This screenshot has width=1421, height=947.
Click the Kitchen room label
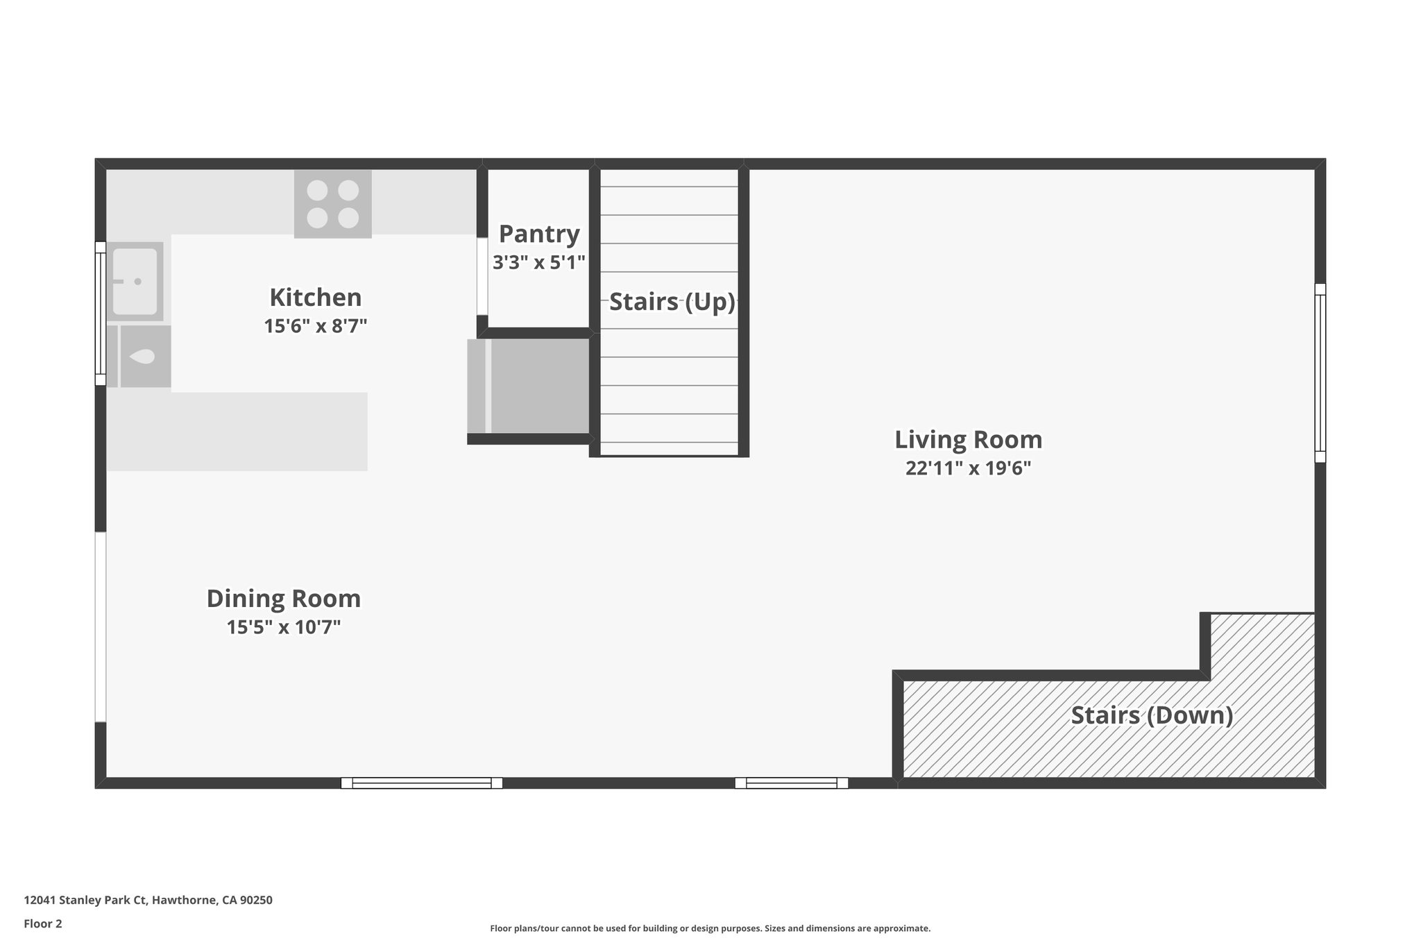click(x=316, y=298)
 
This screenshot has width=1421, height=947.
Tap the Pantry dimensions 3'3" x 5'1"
click(x=539, y=262)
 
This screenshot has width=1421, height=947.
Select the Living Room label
click(x=968, y=440)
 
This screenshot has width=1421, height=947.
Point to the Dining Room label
click(x=284, y=599)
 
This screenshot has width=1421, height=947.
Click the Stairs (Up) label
click(x=672, y=302)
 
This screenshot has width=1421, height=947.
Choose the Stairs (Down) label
click(x=1152, y=715)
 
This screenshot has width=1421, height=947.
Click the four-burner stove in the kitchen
click(x=333, y=204)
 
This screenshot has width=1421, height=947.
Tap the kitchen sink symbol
click(x=135, y=282)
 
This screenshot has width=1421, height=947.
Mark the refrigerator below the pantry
click(x=529, y=386)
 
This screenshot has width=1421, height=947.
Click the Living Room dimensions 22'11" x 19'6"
click(x=968, y=468)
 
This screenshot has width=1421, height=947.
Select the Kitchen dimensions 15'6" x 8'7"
click(x=316, y=326)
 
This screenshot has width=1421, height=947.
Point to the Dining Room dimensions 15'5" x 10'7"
click(x=284, y=627)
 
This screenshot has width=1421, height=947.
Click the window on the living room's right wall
click(x=1320, y=373)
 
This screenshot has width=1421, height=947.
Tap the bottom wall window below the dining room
click(x=422, y=783)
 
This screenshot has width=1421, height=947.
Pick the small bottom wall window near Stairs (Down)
click(x=792, y=783)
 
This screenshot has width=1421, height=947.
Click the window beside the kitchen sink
click(x=101, y=314)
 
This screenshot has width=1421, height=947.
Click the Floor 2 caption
click(x=43, y=923)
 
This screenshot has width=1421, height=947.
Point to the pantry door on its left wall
click(x=482, y=277)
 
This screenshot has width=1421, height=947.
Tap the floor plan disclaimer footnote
click(x=710, y=928)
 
